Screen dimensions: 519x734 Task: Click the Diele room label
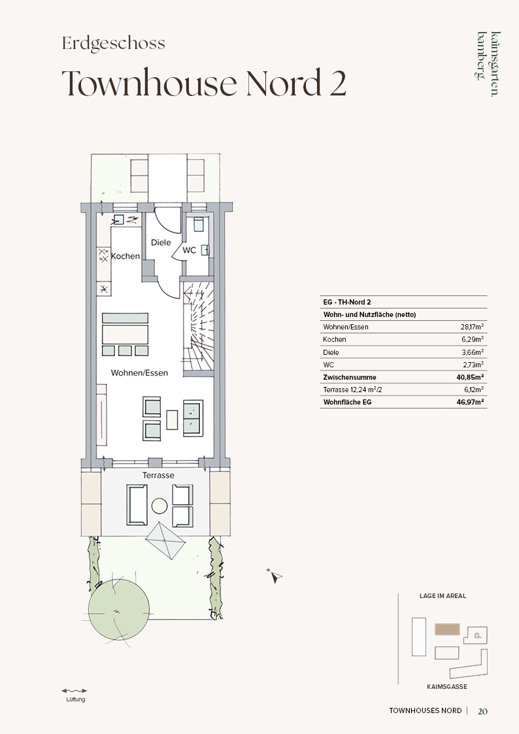[x=161, y=242]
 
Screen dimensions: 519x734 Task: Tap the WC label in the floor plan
[x=189, y=250]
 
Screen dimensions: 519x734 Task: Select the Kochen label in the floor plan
[x=126, y=256]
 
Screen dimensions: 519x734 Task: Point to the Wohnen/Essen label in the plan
[x=139, y=373]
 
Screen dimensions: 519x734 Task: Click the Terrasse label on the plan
[x=158, y=475]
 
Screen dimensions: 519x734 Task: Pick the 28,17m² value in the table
[x=472, y=327]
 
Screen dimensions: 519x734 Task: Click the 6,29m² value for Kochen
[x=473, y=339]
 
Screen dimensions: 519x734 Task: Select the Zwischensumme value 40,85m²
[x=471, y=377]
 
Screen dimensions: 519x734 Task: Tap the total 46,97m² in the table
[x=471, y=401]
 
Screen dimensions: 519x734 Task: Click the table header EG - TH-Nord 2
[x=347, y=302]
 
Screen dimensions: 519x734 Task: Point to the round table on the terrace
[x=159, y=506]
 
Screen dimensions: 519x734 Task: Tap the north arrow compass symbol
[x=275, y=576]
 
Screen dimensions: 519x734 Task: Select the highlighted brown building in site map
[x=447, y=629]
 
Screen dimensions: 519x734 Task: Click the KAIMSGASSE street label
[x=447, y=687]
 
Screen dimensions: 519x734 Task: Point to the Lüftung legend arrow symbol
[x=75, y=690]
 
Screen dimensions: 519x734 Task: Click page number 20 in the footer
[x=482, y=711]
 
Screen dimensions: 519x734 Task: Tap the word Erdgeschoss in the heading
[x=113, y=44]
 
